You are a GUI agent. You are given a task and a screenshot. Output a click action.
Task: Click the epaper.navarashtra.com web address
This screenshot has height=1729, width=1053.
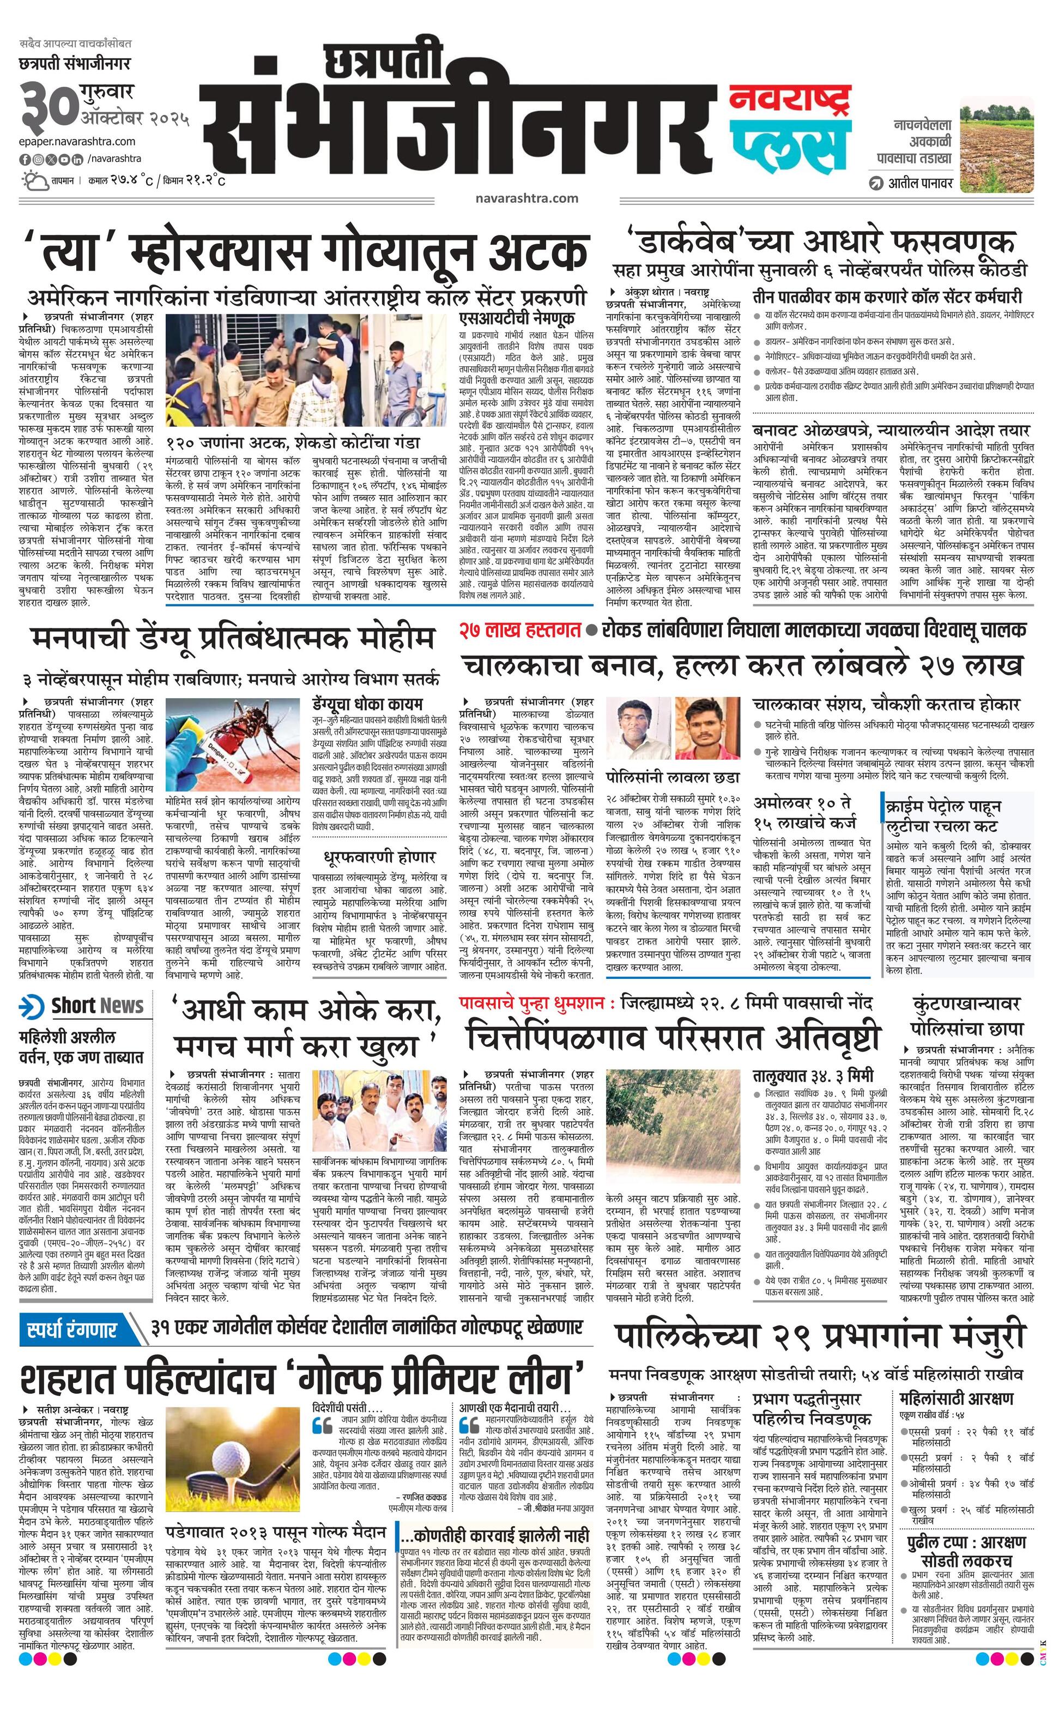77,141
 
